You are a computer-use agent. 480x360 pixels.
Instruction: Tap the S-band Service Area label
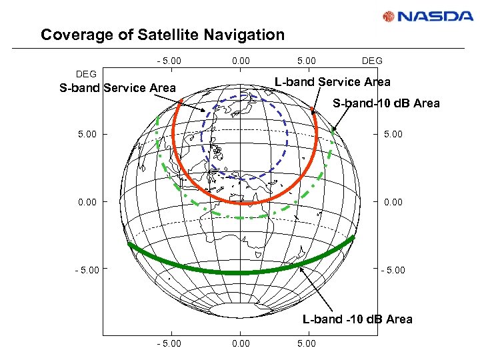[x=117, y=87]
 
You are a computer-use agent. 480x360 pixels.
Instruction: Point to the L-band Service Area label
[x=333, y=82]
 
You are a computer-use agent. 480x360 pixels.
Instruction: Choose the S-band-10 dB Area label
[x=386, y=103]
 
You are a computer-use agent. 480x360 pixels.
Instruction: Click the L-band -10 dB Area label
[x=357, y=319]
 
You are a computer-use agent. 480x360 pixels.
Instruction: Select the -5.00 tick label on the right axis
[x=392, y=271]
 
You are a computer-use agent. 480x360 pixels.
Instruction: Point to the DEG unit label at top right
[x=372, y=61]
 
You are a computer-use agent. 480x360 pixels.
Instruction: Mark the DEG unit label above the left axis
[x=86, y=74]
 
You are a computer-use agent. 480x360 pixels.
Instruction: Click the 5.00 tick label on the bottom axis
[x=306, y=343]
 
